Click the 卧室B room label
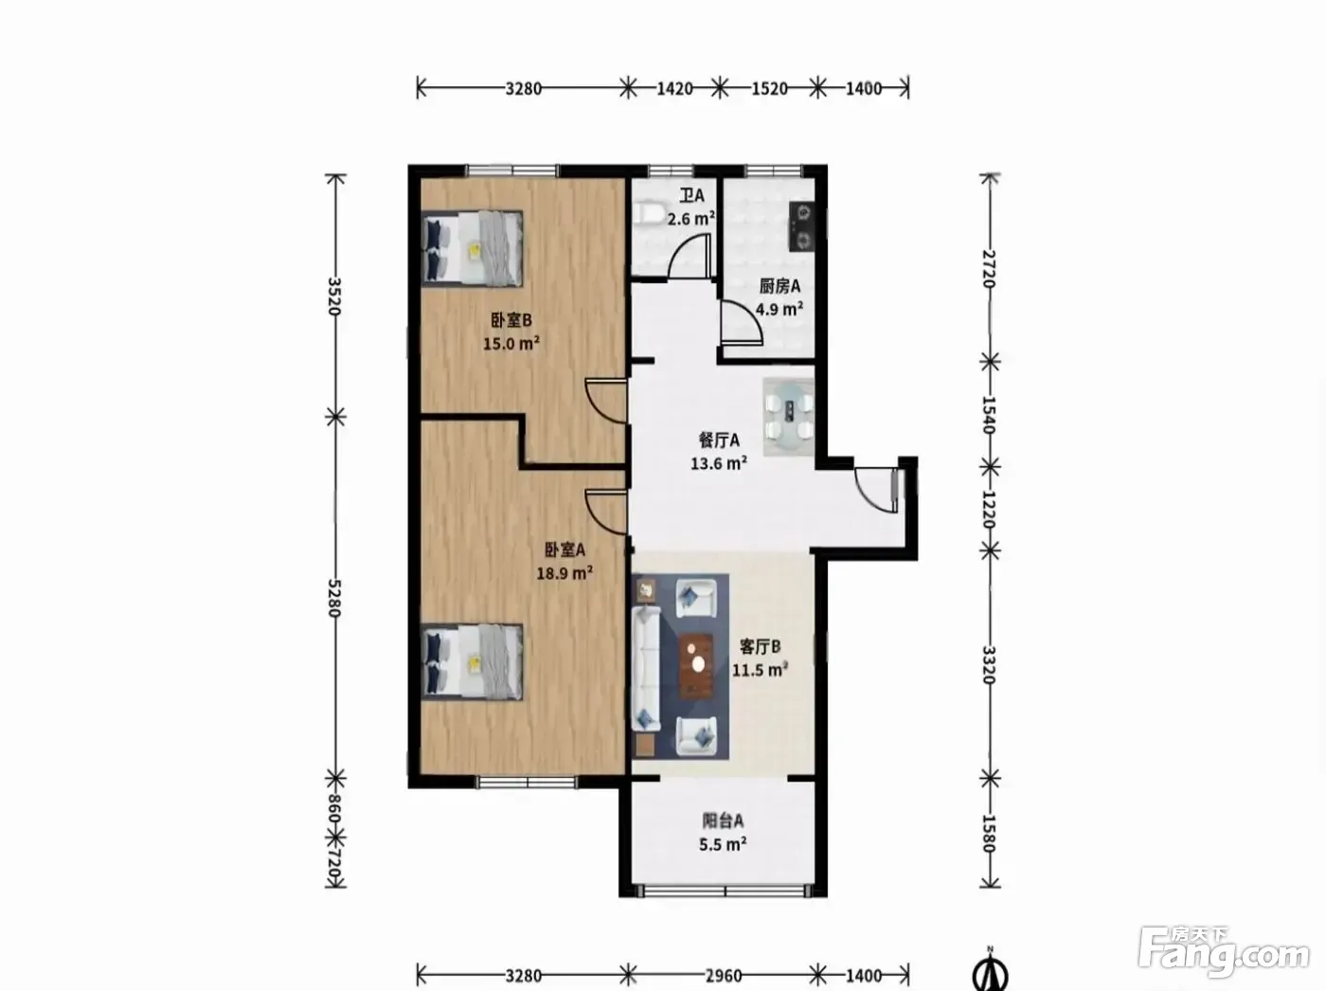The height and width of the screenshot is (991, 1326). pos(511,319)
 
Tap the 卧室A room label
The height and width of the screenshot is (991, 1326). pos(564,550)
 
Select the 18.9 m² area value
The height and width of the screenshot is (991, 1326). pos(564,572)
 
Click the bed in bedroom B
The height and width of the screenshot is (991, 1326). pos(472,247)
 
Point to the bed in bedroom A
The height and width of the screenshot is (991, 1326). pos(472,661)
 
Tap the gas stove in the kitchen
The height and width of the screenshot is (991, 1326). pos(802,226)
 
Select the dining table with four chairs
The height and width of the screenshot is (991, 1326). pos(788,417)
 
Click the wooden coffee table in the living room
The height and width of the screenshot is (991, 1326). pos(696,666)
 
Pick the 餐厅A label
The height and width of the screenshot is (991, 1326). pos(719,441)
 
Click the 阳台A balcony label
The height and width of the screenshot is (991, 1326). pos(723,820)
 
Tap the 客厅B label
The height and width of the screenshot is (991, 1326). pos(760,647)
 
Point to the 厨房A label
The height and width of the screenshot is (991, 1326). pos(779,286)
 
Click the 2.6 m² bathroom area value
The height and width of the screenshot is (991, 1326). pos(691,218)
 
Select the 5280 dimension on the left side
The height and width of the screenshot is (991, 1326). pos(334,598)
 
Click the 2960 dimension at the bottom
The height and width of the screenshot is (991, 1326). pos(723,975)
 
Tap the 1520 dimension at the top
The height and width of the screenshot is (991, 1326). pos(769,89)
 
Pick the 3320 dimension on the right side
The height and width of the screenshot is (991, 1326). pos(988,665)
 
